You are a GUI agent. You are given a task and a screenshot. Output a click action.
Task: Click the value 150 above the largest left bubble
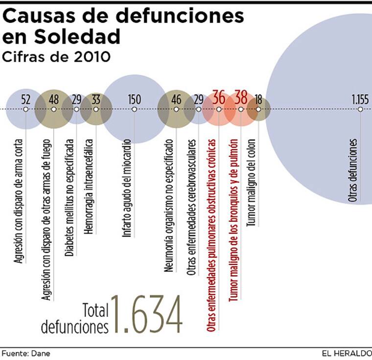pos(134,99)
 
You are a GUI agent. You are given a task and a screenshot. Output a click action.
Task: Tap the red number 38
pos(241,97)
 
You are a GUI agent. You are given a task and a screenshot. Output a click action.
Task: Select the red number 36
pos(219,97)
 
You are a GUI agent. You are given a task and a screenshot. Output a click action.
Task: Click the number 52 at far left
pos(26,99)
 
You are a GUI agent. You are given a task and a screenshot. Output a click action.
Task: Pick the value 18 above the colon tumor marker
pos(258,99)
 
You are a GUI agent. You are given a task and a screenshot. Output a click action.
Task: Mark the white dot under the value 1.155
pos(360,109)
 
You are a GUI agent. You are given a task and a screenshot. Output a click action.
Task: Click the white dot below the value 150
pos(134,109)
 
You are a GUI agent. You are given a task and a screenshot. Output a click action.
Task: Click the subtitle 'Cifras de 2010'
pos(56,57)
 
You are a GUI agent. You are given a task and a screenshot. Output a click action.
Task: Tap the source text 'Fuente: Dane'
pos(26,353)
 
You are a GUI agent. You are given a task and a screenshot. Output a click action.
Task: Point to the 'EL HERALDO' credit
pos(346,353)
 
